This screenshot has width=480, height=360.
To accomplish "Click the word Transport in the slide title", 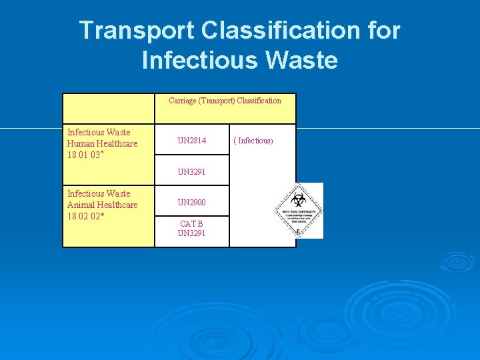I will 137,30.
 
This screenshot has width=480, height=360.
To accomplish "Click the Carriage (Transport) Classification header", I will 225,101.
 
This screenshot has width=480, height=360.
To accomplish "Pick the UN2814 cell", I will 192,141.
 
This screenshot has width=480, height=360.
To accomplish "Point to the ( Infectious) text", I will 253,141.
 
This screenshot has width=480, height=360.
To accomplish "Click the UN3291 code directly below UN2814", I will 192,171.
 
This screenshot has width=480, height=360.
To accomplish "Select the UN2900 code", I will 192,202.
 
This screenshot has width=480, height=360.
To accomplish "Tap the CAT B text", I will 192,223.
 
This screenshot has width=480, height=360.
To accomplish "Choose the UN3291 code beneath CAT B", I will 192,233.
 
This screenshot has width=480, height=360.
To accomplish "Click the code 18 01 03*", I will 85,155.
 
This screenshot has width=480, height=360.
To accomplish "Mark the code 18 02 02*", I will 85,216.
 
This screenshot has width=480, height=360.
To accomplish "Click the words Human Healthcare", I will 103,143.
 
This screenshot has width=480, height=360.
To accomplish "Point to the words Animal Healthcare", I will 103,205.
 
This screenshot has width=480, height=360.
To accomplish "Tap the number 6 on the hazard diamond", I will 298,231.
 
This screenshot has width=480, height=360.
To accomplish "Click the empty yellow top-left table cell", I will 109,108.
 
